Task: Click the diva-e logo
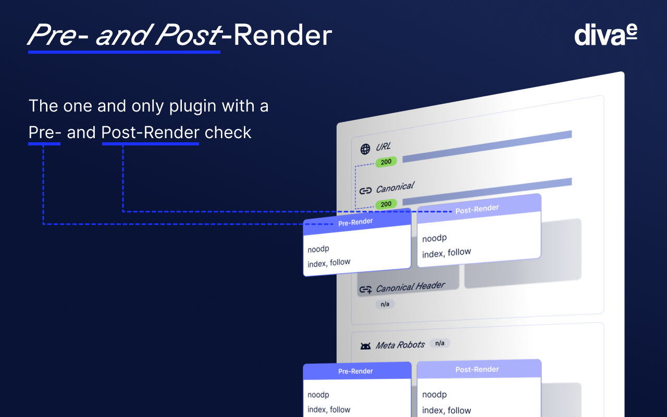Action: coord(606,35)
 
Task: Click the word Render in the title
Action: coord(283,36)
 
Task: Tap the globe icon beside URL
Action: coord(365,149)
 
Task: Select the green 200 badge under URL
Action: coord(386,162)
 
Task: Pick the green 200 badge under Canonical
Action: coord(386,204)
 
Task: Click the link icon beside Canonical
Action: coord(365,191)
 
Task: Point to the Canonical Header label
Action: coord(411,287)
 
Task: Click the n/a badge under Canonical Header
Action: coord(385,304)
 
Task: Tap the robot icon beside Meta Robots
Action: coord(365,346)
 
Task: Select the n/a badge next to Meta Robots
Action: coord(440,343)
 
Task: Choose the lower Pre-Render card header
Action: coord(355,371)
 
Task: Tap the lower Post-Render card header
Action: coord(477,369)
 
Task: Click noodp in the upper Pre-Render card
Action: coord(318,249)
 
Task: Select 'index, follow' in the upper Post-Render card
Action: coord(447,253)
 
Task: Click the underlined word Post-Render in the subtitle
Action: coord(151,132)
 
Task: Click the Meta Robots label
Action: coord(400,345)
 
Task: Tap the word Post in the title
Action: coord(187,36)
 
